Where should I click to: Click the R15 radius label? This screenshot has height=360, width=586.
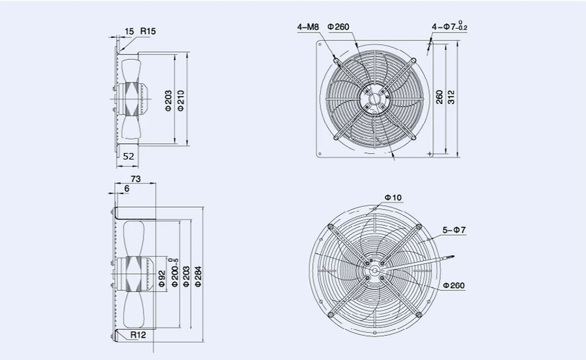pyautogui.click(x=147, y=31)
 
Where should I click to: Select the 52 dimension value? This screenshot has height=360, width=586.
pyautogui.click(x=128, y=157)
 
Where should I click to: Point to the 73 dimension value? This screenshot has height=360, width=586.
pyautogui.click(x=136, y=178)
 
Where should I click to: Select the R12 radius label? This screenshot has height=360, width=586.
pyautogui.click(x=137, y=335)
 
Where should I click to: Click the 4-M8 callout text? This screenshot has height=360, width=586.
pyautogui.click(x=307, y=27)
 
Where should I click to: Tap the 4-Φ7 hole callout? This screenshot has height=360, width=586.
pyautogui.click(x=449, y=27)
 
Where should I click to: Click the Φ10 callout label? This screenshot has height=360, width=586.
pyautogui.click(x=393, y=197)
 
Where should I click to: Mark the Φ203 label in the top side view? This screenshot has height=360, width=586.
pyautogui.click(x=168, y=101)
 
